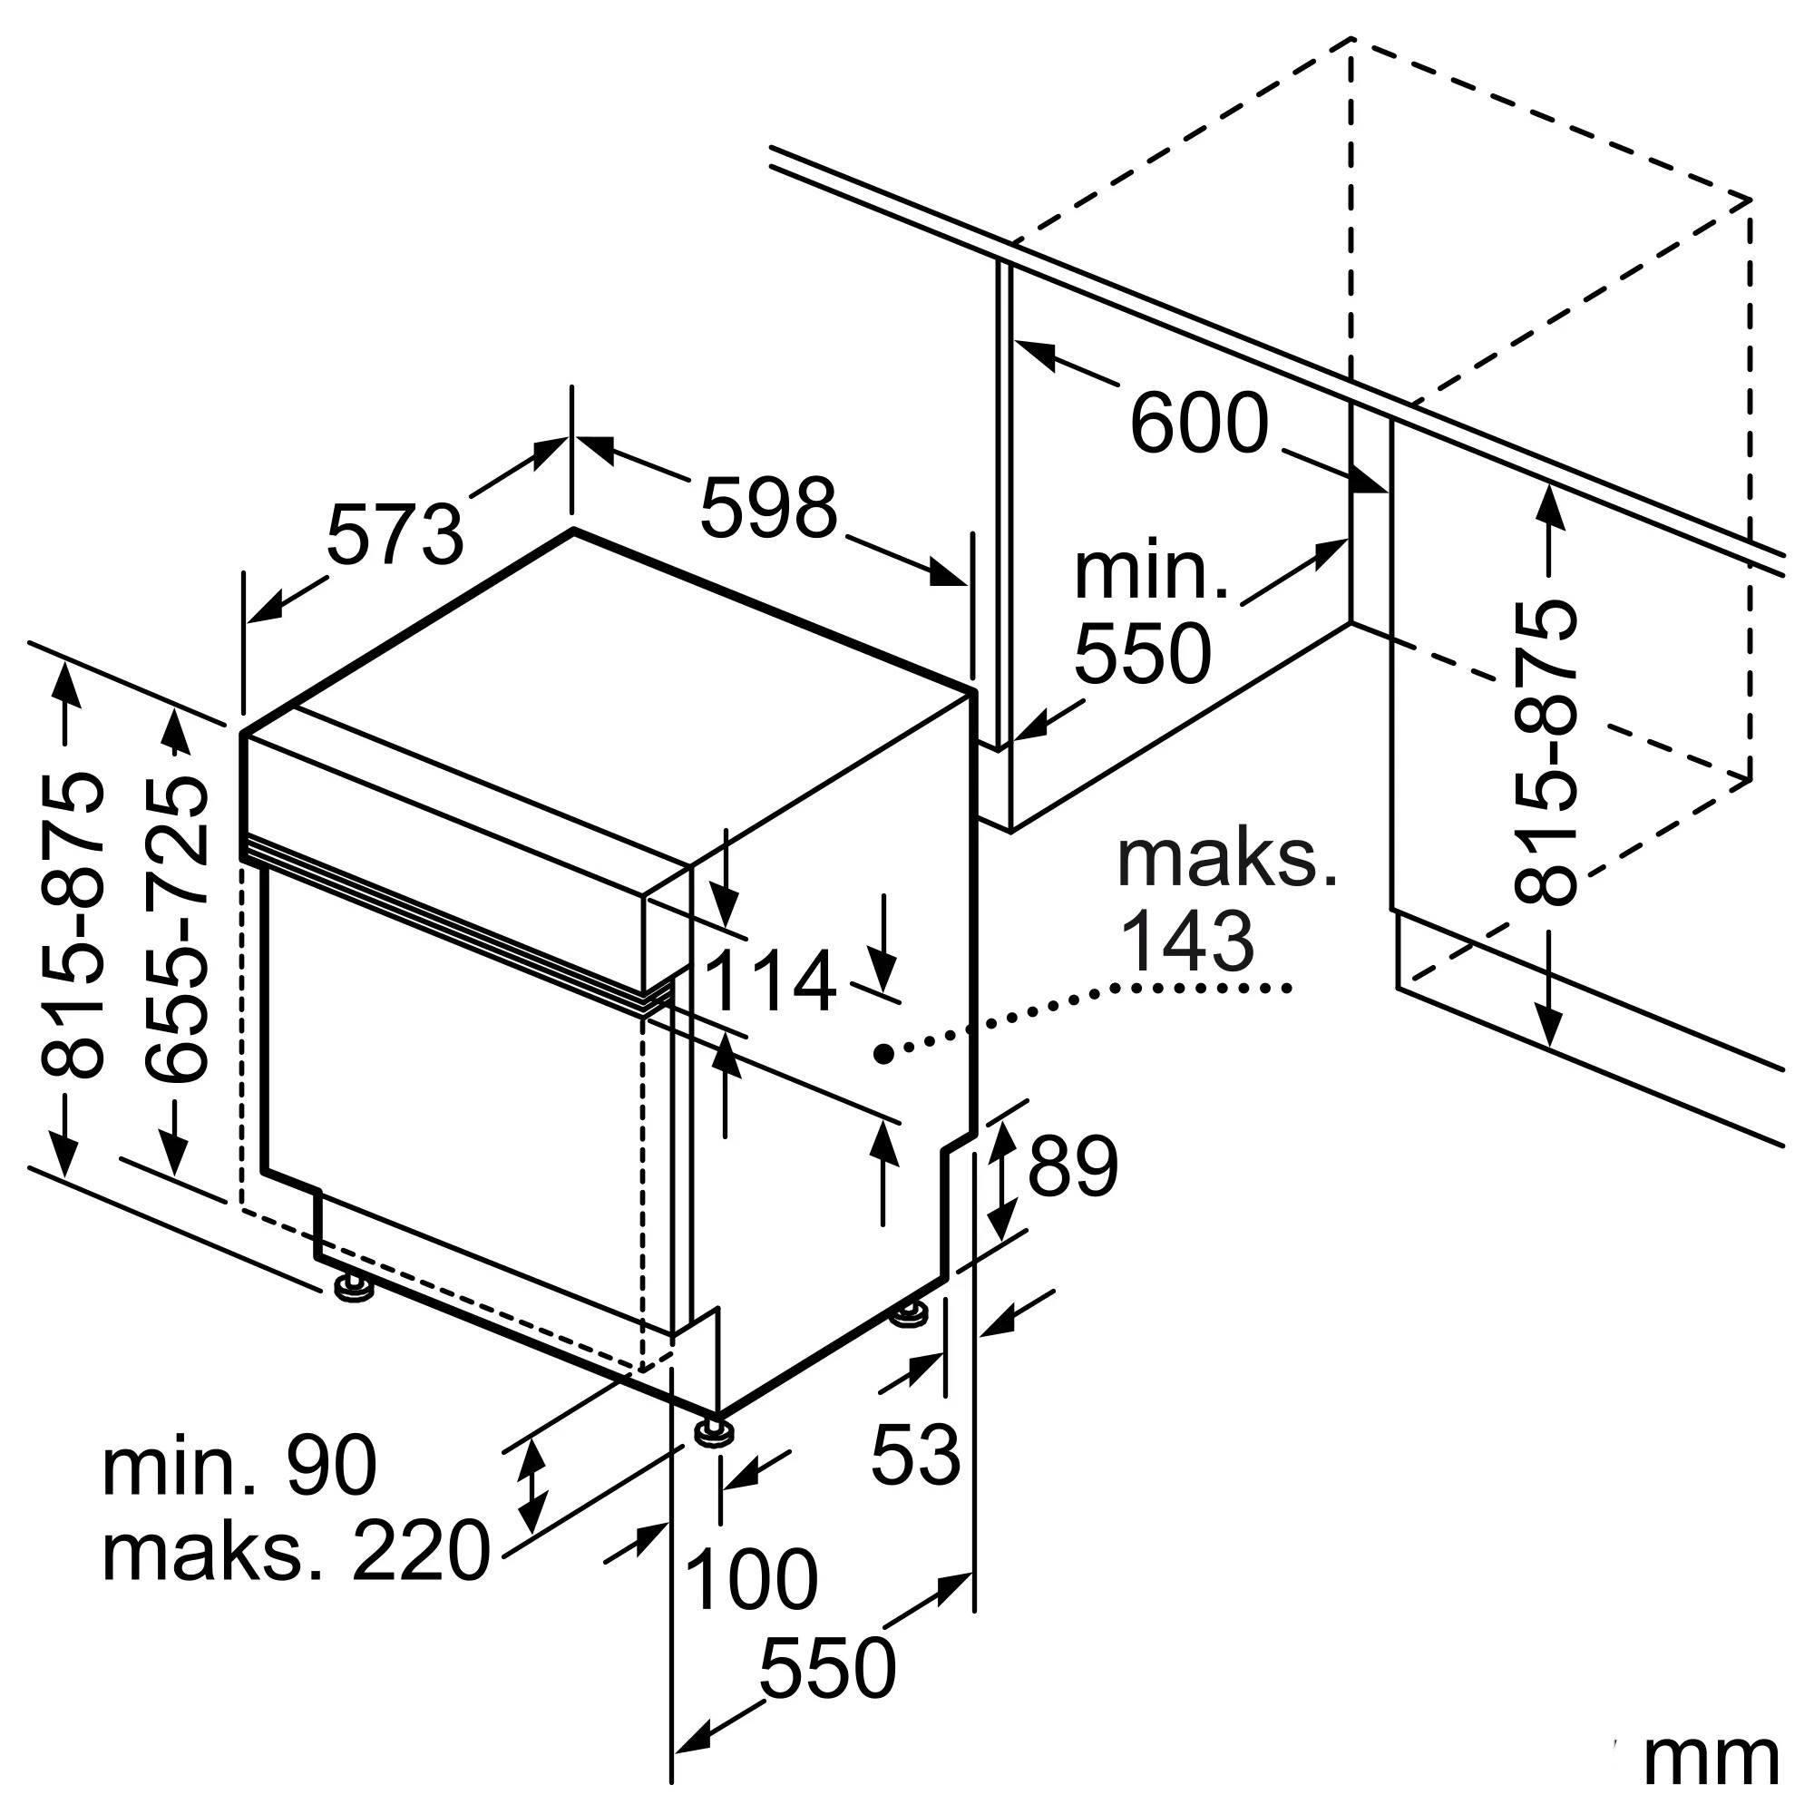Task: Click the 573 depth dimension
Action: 395,534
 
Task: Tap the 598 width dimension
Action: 768,507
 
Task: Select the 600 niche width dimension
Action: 1199,423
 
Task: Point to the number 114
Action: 769,981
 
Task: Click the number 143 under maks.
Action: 1188,941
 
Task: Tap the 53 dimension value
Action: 915,1456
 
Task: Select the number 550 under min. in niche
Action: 1142,653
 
